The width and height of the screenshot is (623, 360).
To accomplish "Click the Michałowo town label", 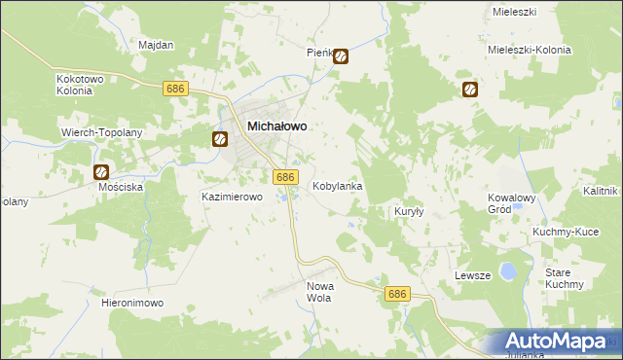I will pos(277,126).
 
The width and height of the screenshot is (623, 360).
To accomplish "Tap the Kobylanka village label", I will pos(338,185).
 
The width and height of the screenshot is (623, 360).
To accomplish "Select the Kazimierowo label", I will pos(233,197).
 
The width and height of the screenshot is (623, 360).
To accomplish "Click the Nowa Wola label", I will pos(320,292).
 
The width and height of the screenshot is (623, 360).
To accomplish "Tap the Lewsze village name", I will pos(471,275).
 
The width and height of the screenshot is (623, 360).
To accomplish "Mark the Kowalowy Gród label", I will pos(512,202).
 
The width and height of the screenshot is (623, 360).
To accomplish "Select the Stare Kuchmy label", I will pos(565,278).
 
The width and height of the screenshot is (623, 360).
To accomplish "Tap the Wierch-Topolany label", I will pos(102,131).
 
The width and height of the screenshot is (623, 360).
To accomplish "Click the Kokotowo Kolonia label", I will pos(75,84).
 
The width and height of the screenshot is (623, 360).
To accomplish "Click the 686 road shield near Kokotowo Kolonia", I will pos(175,89).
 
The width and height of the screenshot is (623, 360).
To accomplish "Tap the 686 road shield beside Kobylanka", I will pos(284,176).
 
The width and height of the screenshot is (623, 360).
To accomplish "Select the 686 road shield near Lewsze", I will pos(395,293).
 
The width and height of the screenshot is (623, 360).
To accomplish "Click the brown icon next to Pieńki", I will pos(340,56).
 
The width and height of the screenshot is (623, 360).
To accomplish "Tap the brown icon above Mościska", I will pos(102,172).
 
